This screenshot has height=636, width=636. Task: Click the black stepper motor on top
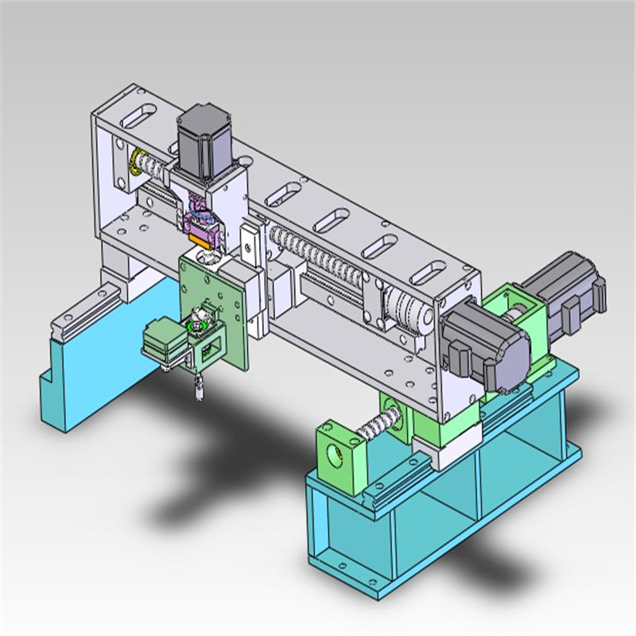click(x=202, y=142)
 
